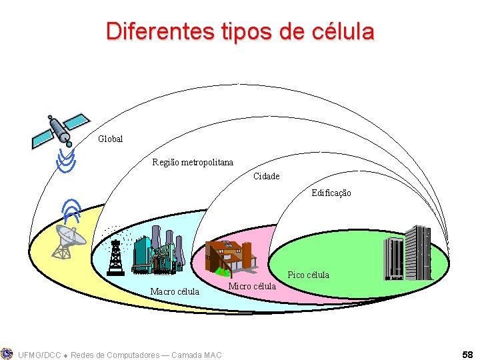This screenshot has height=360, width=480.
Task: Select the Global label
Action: [x=111, y=139]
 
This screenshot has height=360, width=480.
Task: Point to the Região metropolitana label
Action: [x=193, y=162]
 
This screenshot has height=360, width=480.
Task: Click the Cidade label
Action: [x=267, y=177]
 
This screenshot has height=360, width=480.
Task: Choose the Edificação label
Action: [x=331, y=193]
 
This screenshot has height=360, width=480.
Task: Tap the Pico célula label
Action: [x=308, y=275]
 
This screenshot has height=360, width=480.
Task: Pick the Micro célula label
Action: [x=252, y=286]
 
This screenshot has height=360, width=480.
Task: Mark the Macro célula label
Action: [x=175, y=291]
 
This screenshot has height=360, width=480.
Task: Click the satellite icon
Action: [x=60, y=129]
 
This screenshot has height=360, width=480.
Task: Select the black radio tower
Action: [x=115, y=257]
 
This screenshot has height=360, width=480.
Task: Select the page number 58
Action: [x=467, y=354]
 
